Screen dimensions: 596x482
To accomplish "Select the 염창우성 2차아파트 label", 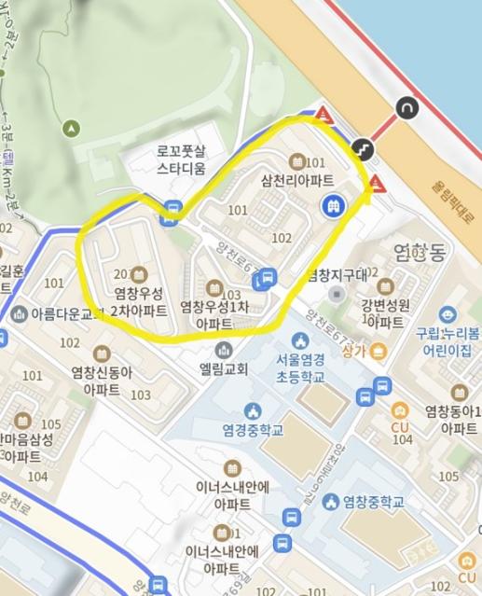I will coord(139,302).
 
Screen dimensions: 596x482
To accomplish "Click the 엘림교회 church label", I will coord(223,368).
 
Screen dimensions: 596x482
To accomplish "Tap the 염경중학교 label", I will coord(252,430).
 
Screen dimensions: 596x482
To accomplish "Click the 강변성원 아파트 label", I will coord(383,314).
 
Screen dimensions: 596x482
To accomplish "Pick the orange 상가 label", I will coord(353,351).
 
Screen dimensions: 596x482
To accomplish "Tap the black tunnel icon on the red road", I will coord(407,108).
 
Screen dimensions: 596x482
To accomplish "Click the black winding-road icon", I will coord(361,147).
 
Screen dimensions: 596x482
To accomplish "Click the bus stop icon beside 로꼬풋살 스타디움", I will coord(172,210).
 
